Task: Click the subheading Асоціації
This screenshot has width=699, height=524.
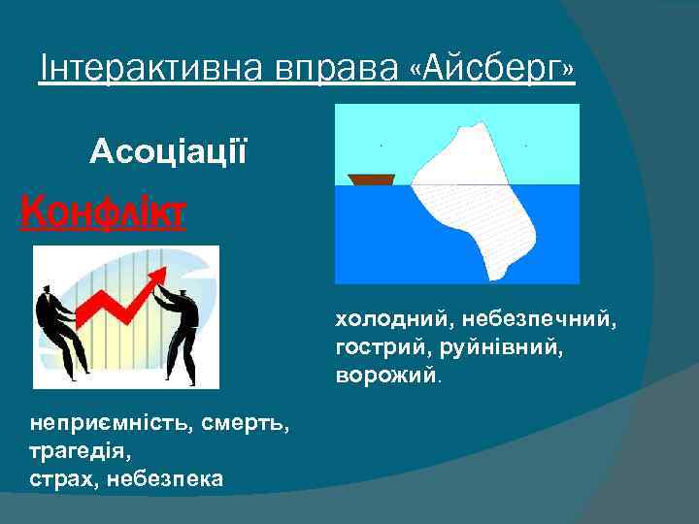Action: pos(169,151)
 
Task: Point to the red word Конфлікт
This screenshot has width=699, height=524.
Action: pos(104,209)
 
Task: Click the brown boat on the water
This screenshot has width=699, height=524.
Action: pos(371,180)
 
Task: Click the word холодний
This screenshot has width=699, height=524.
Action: pos(382,318)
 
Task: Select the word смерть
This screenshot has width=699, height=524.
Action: pos(231,423)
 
